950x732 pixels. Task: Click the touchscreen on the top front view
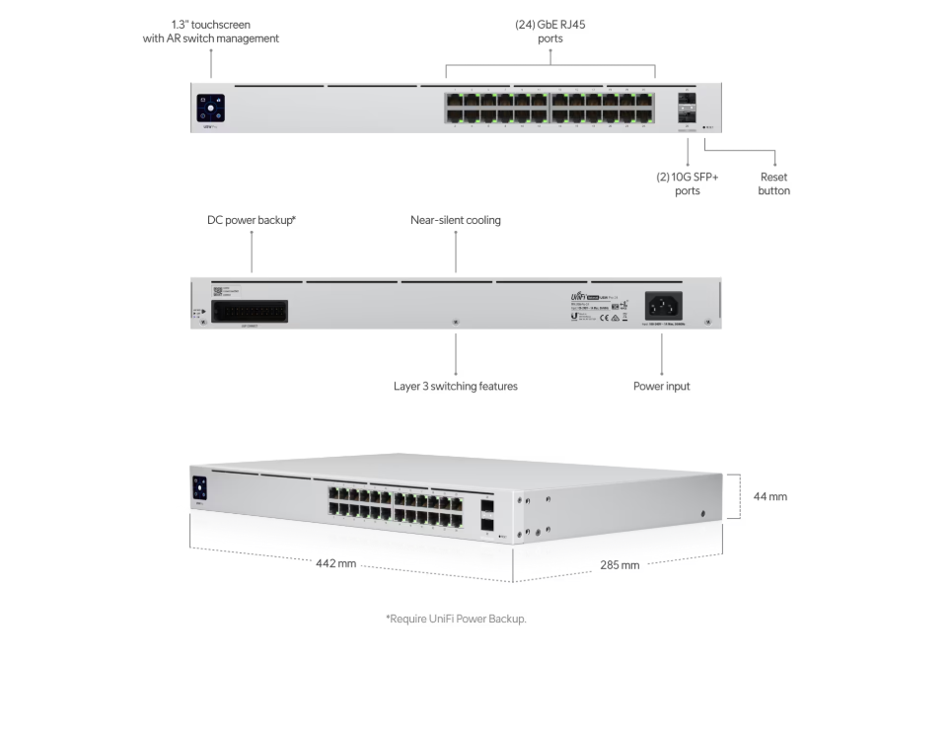point(211,107)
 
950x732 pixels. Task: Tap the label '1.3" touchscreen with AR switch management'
point(210,32)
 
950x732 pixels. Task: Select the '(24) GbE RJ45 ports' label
point(550,32)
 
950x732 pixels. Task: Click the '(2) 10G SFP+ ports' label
point(687,183)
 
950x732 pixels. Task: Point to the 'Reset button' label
point(773,183)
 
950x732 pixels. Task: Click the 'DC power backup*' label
point(252,221)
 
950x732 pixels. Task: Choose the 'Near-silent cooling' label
point(455,221)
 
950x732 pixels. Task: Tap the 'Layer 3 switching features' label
point(455,387)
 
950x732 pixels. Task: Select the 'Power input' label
point(661,387)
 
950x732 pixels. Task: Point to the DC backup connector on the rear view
point(250,310)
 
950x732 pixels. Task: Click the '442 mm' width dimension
point(335,563)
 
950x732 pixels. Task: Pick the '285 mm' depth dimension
point(620,565)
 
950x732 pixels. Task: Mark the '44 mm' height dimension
point(770,496)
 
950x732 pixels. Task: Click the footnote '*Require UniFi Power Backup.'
point(455,619)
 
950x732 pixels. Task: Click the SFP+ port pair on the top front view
point(687,109)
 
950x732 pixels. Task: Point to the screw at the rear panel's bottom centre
point(455,323)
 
